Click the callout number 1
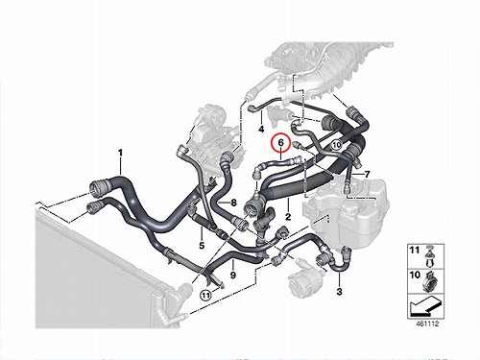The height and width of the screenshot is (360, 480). point(120,153)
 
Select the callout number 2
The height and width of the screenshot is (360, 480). point(288,217)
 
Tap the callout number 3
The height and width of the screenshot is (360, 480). point(340,292)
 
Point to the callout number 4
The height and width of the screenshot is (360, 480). point(261,130)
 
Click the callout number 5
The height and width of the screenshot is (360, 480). point(202,246)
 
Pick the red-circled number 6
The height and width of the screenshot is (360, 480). point(280,143)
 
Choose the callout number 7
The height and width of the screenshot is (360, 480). point(367,175)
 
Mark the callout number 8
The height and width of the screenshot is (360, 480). point(233,203)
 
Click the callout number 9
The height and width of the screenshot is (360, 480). point(233,275)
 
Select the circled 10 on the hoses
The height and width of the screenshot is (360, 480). point(336,145)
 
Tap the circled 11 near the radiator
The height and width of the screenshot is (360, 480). point(205,295)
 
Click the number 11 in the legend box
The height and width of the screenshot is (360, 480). point(415,250)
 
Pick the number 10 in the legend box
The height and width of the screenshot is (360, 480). point(415,275)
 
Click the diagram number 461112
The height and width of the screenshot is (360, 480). point(427,324)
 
